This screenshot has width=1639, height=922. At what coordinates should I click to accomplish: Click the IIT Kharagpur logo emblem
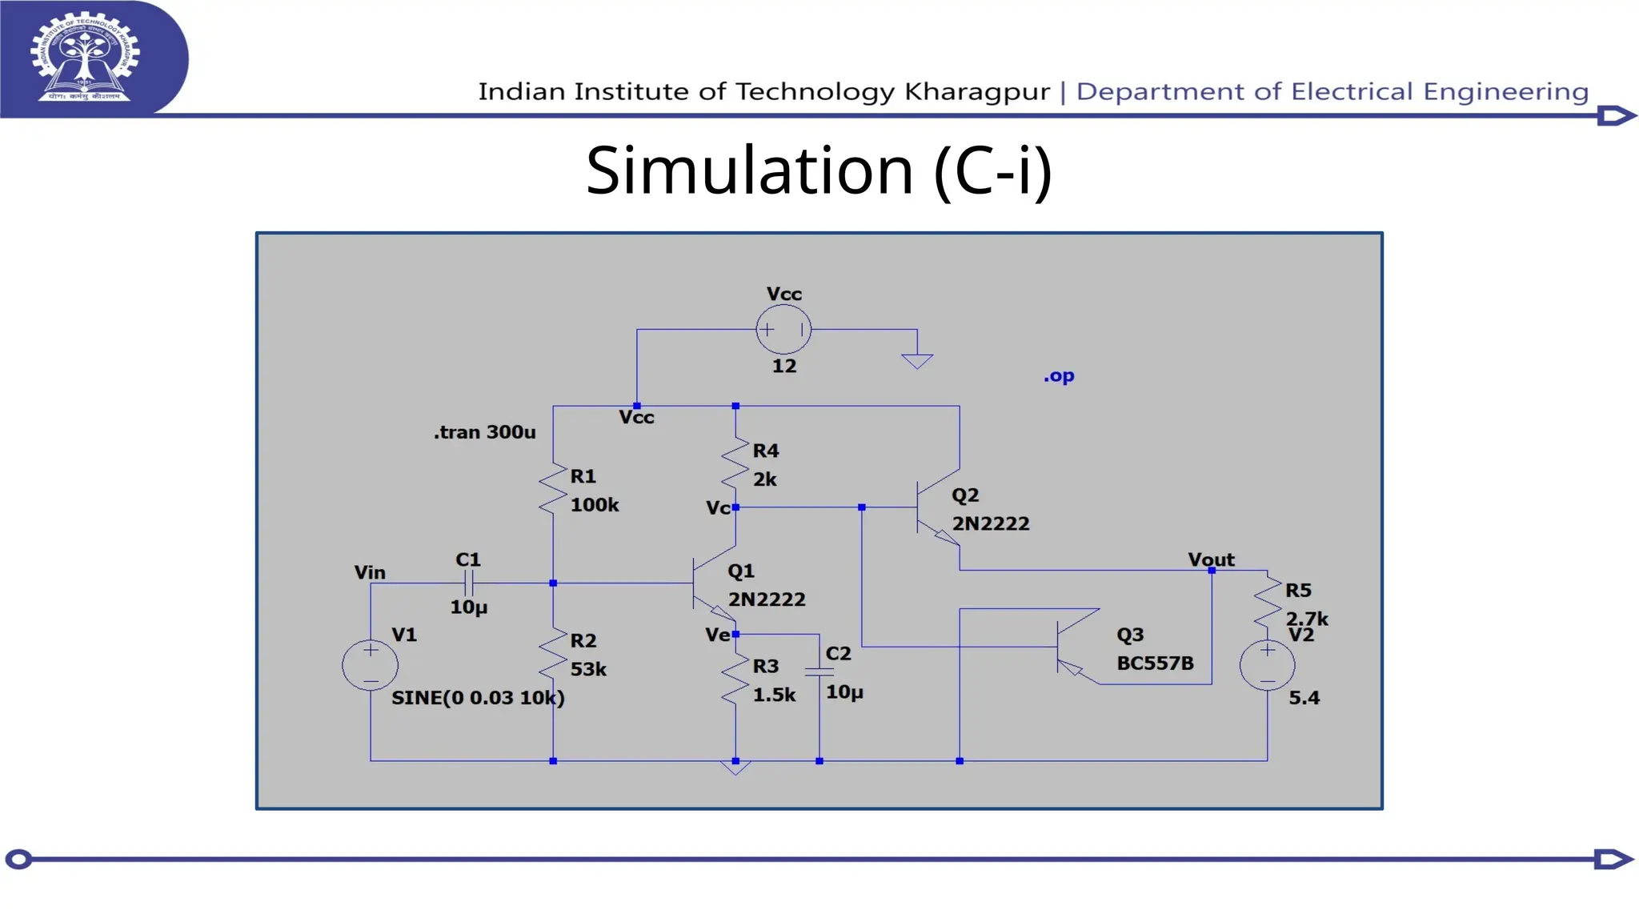click(x=85, y=58)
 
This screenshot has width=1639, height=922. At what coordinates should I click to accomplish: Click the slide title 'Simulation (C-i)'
click(x=818, y=170)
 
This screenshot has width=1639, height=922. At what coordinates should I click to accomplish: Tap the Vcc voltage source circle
click(x=783, y=330)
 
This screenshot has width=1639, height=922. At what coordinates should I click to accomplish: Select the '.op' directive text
click(x=1059, y=375)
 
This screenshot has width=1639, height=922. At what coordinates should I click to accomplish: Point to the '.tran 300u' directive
click(x=484, y=432)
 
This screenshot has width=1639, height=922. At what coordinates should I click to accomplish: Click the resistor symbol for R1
click(x=553, y=490)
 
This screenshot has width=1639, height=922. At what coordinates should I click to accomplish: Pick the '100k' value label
click(x=595, y=505)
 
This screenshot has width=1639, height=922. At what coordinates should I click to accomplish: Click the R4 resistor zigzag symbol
click(x=735, y=464)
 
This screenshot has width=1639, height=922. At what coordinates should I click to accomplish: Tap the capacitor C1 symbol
click(x=469, y=583)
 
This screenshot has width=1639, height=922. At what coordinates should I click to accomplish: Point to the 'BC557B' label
click(x=1155, y=663)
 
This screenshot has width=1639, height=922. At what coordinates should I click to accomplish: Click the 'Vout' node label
click(x=1211, y=559)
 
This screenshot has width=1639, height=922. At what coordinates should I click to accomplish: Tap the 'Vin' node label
click(x=370, y=572)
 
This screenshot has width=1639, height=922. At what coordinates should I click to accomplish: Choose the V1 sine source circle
click(x=371, y=665)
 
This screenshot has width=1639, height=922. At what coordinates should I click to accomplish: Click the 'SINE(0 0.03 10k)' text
click(x=478, y=698)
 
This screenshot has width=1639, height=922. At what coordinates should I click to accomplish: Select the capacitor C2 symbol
click(x=819, y=672)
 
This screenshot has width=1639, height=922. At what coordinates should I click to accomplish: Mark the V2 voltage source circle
click(x=1267, y=665)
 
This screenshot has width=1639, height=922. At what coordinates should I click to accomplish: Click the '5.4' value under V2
click(x=1304, y=698)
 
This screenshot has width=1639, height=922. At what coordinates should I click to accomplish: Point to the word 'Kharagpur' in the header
click(x=976, y=92)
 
